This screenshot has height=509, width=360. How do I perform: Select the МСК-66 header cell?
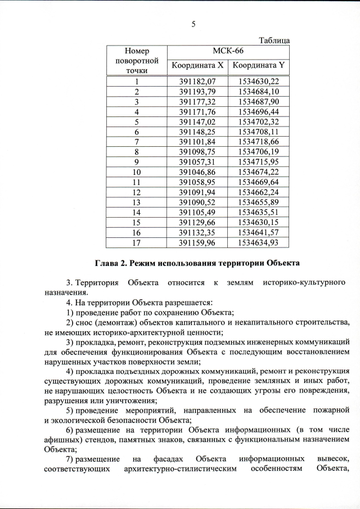coord(228,51)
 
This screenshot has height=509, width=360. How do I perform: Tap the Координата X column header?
coord(197,66)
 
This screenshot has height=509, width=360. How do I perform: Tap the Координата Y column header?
coord(259,66)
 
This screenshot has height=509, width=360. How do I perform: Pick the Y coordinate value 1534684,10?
coord(259,91)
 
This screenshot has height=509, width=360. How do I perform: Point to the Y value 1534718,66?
coord(259,142)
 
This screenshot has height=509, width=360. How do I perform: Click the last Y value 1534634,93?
coord(259,243)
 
